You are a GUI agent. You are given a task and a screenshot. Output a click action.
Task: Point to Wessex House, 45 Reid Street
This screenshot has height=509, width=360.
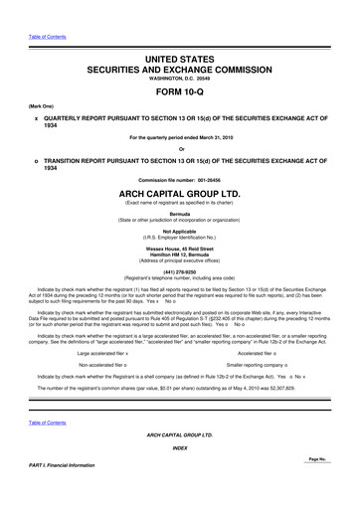pos(180,249)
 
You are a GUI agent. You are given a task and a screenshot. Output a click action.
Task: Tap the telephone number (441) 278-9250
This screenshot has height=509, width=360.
pos(180,271)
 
